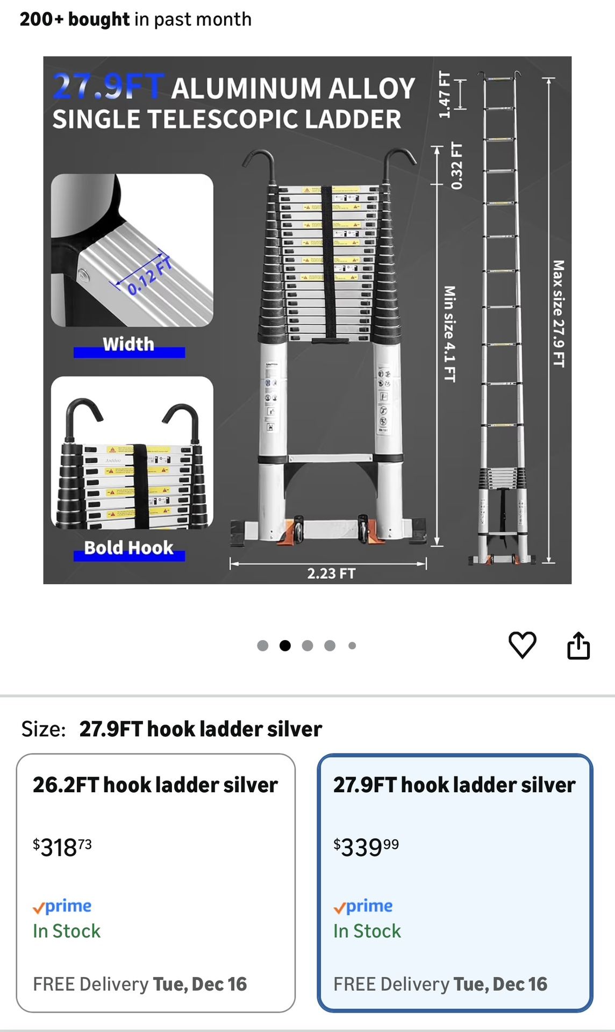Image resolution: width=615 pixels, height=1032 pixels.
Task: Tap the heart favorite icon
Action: (522, 644)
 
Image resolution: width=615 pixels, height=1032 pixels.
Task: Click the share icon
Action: (578, 645)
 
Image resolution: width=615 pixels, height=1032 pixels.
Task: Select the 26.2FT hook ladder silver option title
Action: (155, 785)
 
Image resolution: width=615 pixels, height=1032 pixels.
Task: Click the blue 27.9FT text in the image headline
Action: (108, 87)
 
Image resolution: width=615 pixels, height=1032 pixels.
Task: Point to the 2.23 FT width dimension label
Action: (331, 574)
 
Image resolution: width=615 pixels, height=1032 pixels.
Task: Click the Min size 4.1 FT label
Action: (449, 334)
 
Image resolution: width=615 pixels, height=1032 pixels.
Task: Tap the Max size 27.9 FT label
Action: (559, 314)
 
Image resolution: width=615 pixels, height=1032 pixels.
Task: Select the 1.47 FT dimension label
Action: (444, 95)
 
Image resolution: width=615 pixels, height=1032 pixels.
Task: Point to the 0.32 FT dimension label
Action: (456, 166)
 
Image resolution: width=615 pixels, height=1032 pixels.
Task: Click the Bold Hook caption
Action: (129, 548)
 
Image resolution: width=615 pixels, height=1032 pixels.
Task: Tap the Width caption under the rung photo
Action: (128, 344)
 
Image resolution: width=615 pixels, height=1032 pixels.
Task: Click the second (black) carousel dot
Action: (285, 646)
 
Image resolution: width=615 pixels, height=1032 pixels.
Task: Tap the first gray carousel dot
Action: (262, 646)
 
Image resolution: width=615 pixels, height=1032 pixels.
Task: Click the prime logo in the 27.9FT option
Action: (363, 906)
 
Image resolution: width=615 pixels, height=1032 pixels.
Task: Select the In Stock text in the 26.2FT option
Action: (67, 931)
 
